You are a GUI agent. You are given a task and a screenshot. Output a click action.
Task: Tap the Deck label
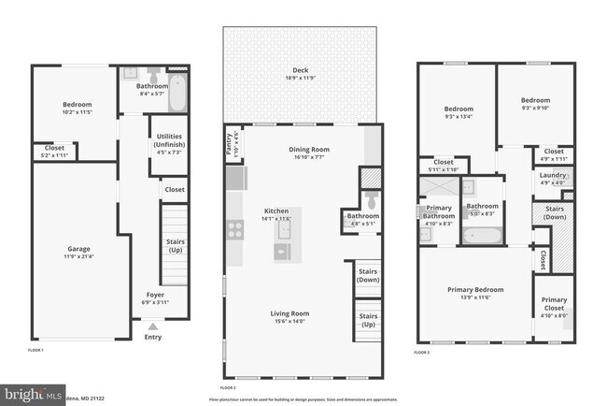coord(300,69)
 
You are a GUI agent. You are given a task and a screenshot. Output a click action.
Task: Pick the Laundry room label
coord(553,175)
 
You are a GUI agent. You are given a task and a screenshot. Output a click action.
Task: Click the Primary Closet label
coord(555,305)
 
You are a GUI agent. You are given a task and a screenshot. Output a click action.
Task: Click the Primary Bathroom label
coord(439,212)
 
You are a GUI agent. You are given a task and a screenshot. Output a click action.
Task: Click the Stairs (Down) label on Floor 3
coord(554,213)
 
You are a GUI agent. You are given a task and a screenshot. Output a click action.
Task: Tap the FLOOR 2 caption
coord(228,386)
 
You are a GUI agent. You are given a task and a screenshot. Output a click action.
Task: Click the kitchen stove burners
coord(234,225)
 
